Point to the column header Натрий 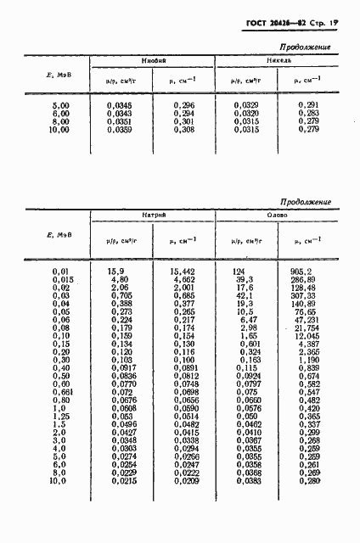(154, 217)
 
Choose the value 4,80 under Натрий (117, 279)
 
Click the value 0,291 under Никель (307, 104)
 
